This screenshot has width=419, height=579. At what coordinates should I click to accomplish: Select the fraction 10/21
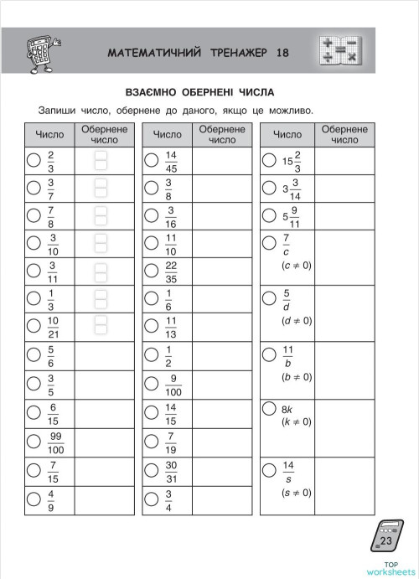pyautogui.click(x=53, y=326)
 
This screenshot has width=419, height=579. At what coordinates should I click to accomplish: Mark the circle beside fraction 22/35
pyautogui.click(x=151, y=270)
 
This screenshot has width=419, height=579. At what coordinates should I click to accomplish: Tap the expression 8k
pyautogui.click(x=287, y=409)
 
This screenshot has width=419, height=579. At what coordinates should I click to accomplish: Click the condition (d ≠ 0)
pyautogui.click(x=296, y=320)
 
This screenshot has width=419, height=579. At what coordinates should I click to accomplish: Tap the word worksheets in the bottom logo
pyautogui.click(x=385, y=571)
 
